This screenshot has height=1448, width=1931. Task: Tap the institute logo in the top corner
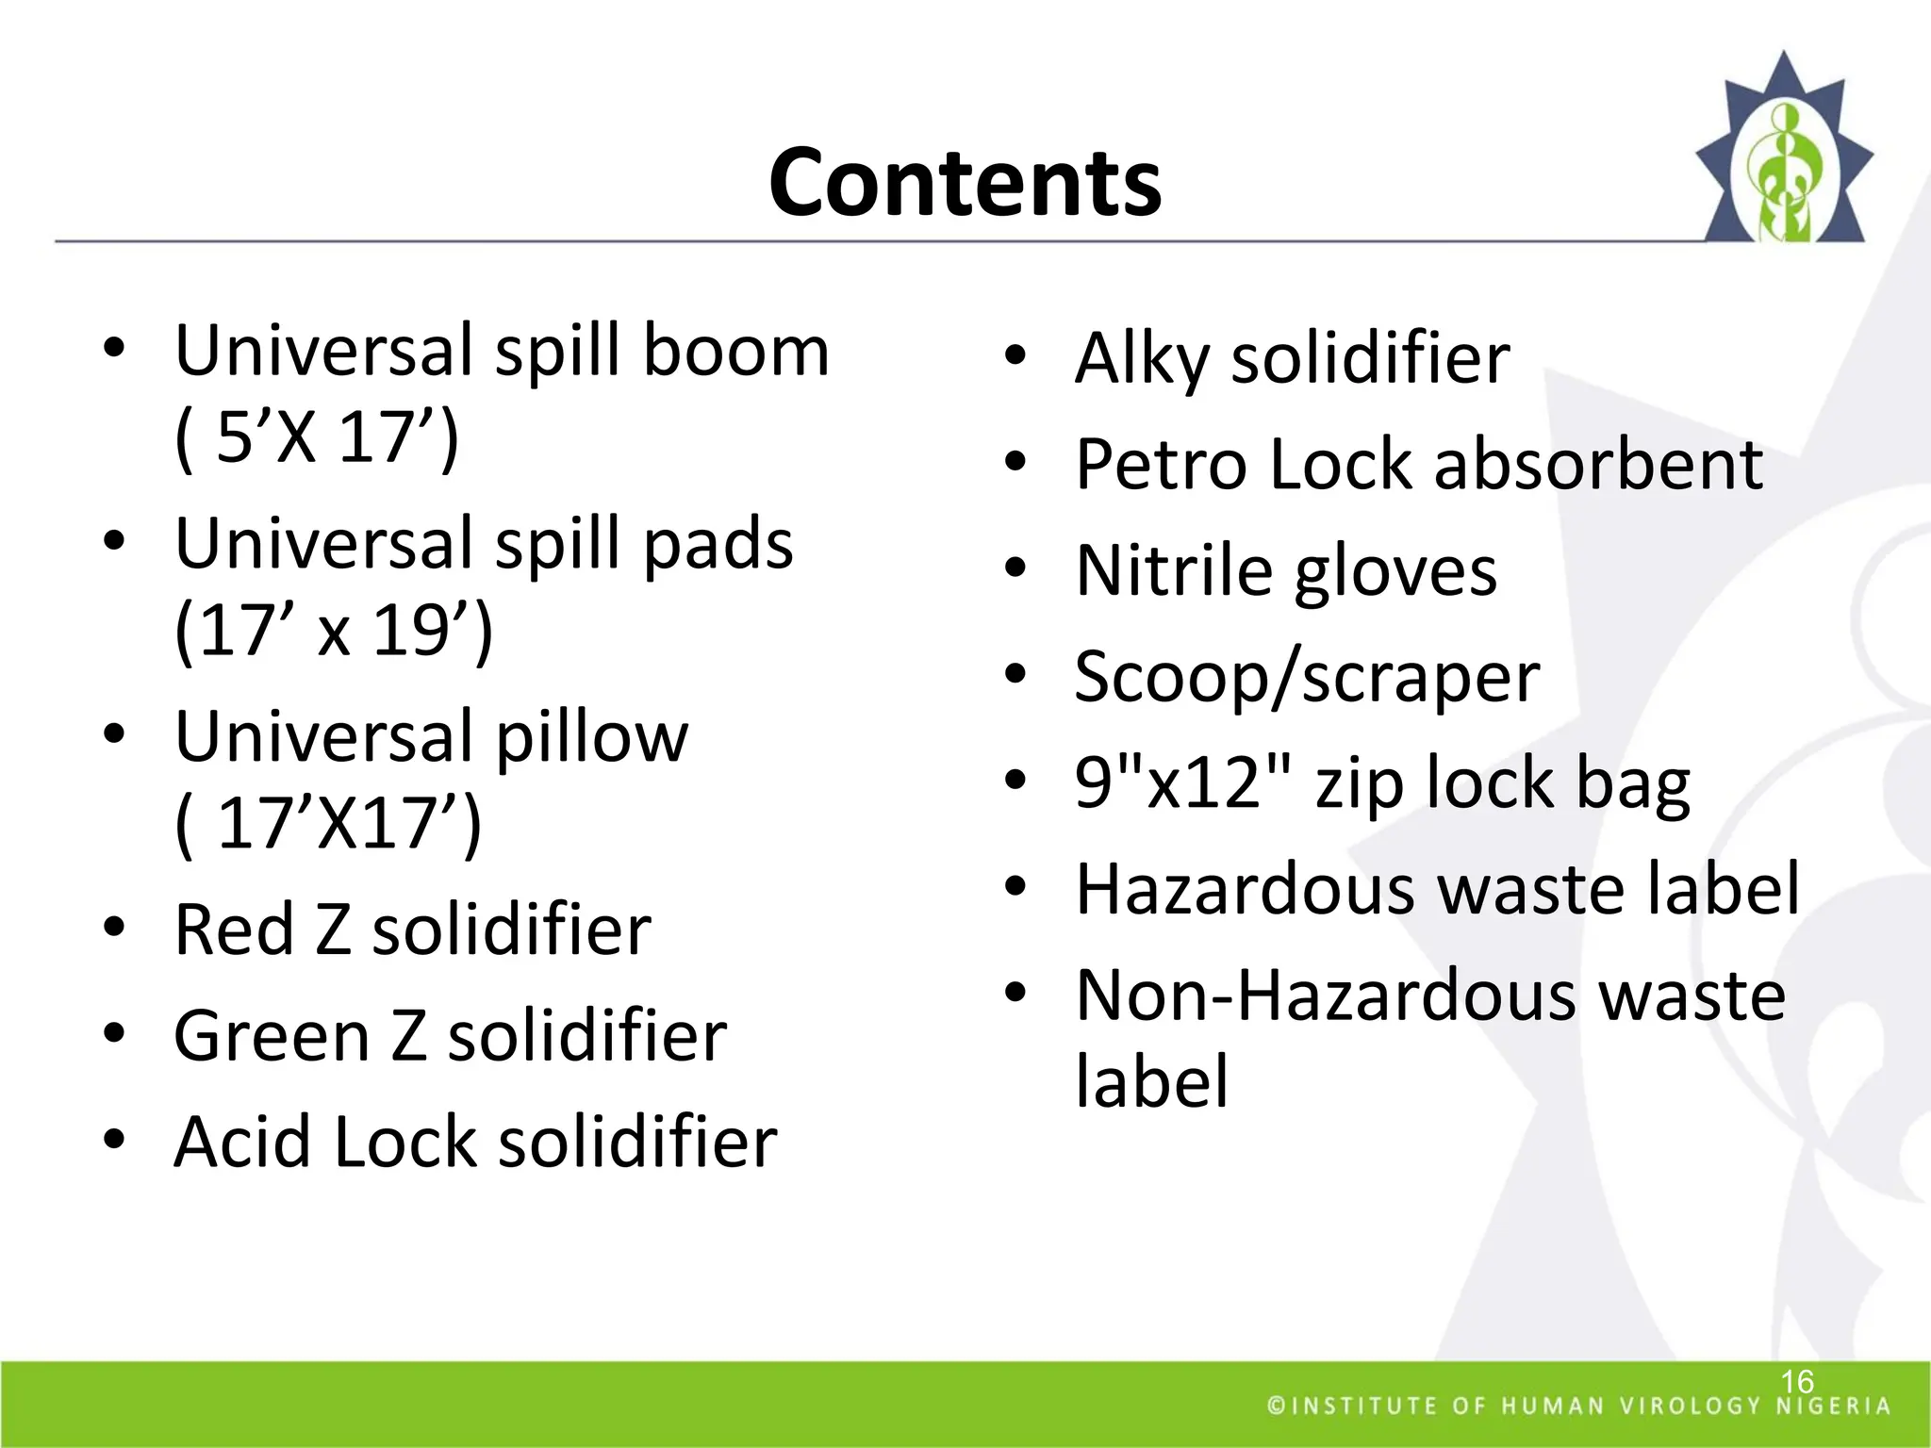pos(1783,151)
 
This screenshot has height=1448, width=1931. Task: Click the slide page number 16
pos(1796,1381)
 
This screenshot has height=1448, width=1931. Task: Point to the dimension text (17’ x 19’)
pos(334,630)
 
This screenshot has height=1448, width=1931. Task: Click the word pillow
pos(592,736)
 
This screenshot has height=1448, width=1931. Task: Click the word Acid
pos(241,1142)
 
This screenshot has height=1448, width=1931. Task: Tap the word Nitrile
pos(1174,571)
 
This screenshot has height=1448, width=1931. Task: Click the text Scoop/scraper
pos(1307,677)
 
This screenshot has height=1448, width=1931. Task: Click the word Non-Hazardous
pos(1325,995)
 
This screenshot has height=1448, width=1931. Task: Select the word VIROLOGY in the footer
pos(1690,1407)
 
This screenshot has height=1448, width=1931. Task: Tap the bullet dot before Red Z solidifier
pos(114,927)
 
